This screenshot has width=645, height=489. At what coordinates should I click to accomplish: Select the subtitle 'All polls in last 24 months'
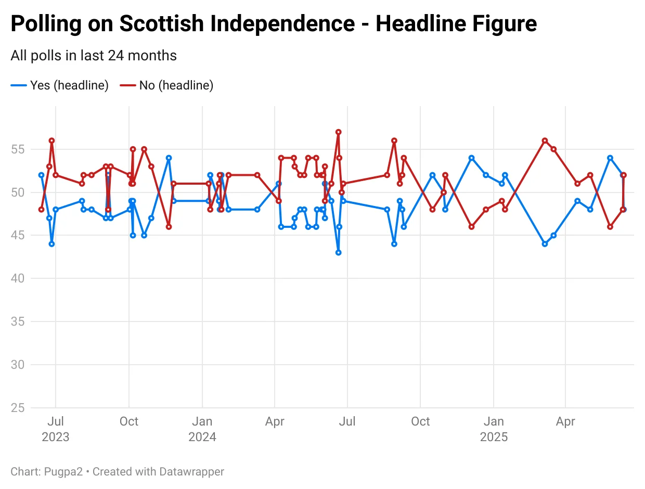coord(94,56)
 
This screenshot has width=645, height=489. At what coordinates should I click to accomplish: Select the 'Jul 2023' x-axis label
coord(56,429)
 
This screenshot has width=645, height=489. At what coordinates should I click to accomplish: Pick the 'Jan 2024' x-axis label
coord(202,429)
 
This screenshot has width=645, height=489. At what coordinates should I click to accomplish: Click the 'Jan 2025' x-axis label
coord(494,429)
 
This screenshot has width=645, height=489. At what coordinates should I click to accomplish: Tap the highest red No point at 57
coord(338,132)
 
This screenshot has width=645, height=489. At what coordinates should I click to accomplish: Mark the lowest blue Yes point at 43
coord(338,252)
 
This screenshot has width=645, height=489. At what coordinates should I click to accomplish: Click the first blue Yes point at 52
coord(41,175)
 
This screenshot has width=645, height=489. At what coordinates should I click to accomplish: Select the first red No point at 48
coord(41,209)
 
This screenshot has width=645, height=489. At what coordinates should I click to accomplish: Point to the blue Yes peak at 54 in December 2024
coord(471,158)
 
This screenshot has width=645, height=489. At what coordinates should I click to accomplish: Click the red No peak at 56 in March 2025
coord(545,140)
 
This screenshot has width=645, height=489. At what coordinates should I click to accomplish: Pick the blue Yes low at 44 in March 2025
coord(545,243)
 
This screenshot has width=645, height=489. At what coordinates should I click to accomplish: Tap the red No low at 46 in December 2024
coord(471,226)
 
